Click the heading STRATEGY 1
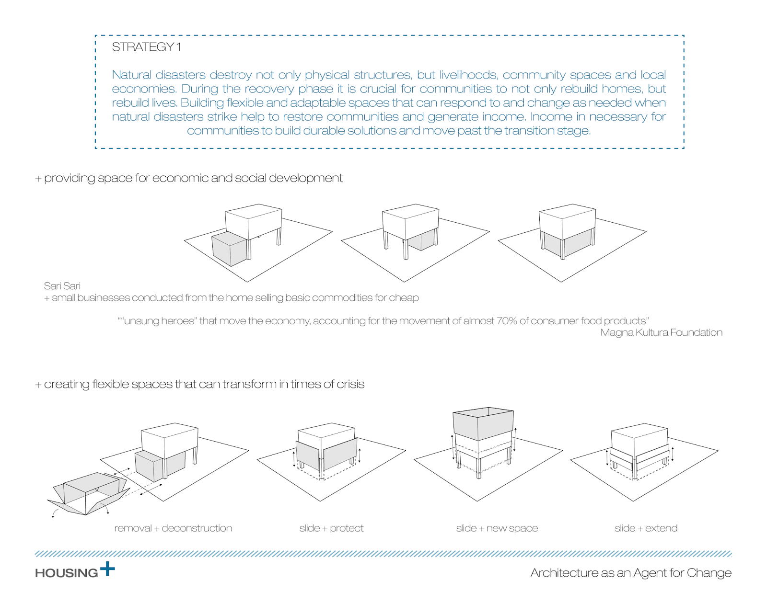click(x=146, y=47)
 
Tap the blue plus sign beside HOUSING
click(x=107, y=569)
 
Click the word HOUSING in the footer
click(x=66, y=573)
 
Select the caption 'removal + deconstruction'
click(x=173, y=528)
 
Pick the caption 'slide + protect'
click(x=331, y=528)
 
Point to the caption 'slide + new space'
click(x=497, y=528)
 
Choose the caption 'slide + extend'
click(x=646, y=528)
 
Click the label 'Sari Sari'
click(x=62, y=286)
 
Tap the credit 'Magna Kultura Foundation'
click(x=661, y=332)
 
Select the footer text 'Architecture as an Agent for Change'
click(x=631, y=573)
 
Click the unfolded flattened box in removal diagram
click(x=89, y=493)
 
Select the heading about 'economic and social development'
click(x=189, y=178)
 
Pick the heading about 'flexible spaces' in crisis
click(x=200, y=384)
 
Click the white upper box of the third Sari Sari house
click(x=567, y=220)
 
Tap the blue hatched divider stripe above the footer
click(x=383, y=554)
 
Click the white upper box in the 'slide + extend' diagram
click(x=639, y=437)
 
